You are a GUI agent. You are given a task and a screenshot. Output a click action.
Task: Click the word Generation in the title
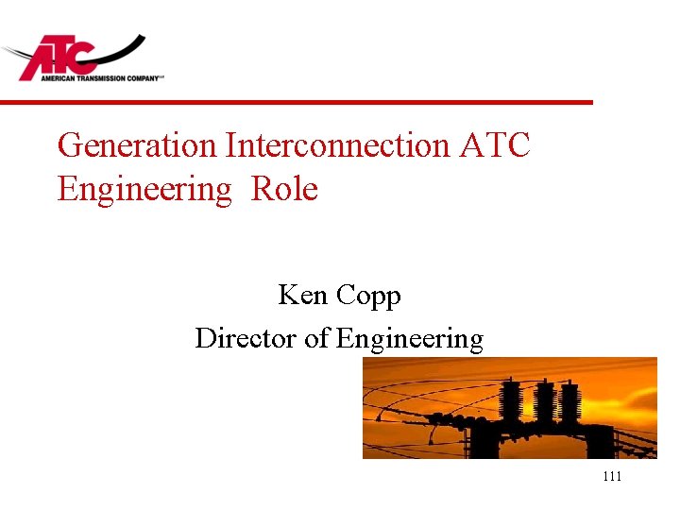pyautogui.click(x=136, y=145)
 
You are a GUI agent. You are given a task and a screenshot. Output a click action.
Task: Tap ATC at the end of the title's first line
pyautogui.click(x=495, y=145)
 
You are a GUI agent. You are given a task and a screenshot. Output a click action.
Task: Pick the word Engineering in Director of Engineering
pyautogui.click(x=409, y=339)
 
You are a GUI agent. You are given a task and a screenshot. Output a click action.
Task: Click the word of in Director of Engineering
pyautogui.click(x=316, y=337)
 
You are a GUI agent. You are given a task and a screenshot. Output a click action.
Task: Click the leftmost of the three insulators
pyautogui.click(x=511, y=400)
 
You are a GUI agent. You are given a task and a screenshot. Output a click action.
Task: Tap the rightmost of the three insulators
pyautogui.click(x=571, y=402)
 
